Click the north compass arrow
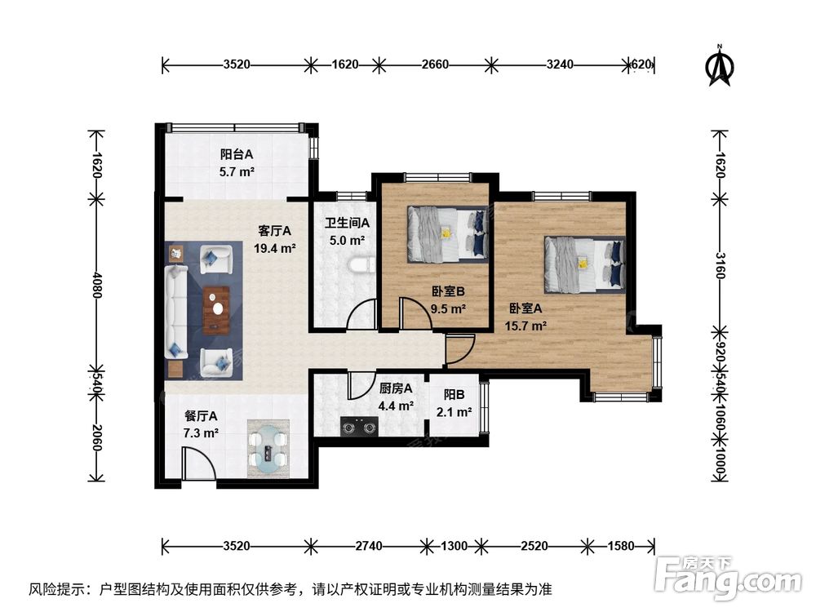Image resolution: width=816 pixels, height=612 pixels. (x=721, y=65)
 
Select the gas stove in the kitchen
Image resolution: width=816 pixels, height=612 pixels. (x=359, y=428)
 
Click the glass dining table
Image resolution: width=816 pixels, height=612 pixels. (x=268, y=449)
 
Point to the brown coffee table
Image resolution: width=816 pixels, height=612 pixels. (x=216, y=310)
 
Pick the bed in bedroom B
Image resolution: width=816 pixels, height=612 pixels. (x=448, y=234)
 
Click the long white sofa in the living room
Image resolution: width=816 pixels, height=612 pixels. (x=176, y=312)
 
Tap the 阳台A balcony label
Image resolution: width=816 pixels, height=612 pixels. (x=237, y=154)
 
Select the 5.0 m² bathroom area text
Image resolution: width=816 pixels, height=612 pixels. (x=347, y=241)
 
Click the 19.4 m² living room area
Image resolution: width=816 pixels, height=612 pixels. (x=275, y=248)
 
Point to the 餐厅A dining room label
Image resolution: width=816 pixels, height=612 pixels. (x=201, y=416)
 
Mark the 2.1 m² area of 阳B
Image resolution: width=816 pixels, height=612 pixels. (x=455, y=413)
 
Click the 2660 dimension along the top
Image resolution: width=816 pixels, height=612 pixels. (x=435, y=64)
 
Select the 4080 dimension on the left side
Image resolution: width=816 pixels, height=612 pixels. (x=95, y=284)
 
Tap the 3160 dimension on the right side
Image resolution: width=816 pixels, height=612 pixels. (x=721, y=265)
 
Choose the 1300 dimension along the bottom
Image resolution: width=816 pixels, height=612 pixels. (x=454, y=546)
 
